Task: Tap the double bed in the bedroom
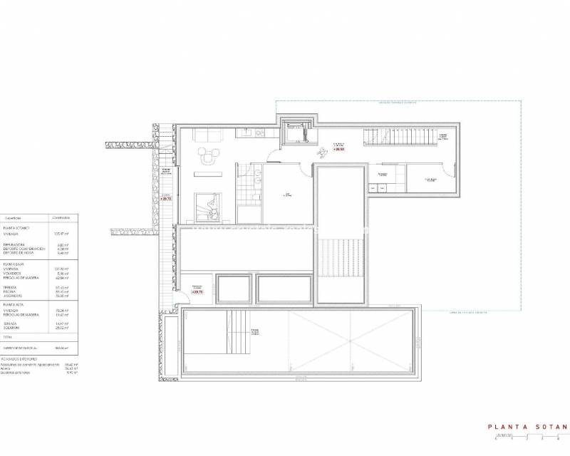pyautogui.click(x=209, y=207)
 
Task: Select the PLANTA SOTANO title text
pyautogui.click(x=528, y=427)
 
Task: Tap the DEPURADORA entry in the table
pyautogui.click(x=16, y=244)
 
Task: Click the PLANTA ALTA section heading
pyautogui.click(x=15, y=304)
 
